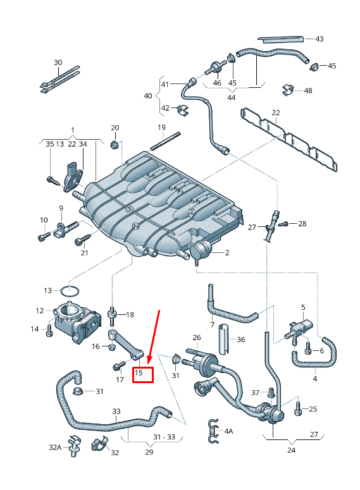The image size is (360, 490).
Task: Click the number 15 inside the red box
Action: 140,374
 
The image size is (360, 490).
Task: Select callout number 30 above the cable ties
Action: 58,62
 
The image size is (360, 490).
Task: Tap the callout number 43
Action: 319,39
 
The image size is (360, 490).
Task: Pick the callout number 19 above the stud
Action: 161,128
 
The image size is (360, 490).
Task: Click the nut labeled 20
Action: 114,145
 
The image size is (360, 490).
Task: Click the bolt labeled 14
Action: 49,329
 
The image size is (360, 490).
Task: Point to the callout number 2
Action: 227,252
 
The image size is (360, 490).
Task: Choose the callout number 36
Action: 240,340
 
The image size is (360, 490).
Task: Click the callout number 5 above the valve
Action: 303,307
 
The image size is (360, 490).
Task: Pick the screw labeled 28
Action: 283,224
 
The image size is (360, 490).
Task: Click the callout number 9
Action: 61,208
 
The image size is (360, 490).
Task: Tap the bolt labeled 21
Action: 80,240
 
